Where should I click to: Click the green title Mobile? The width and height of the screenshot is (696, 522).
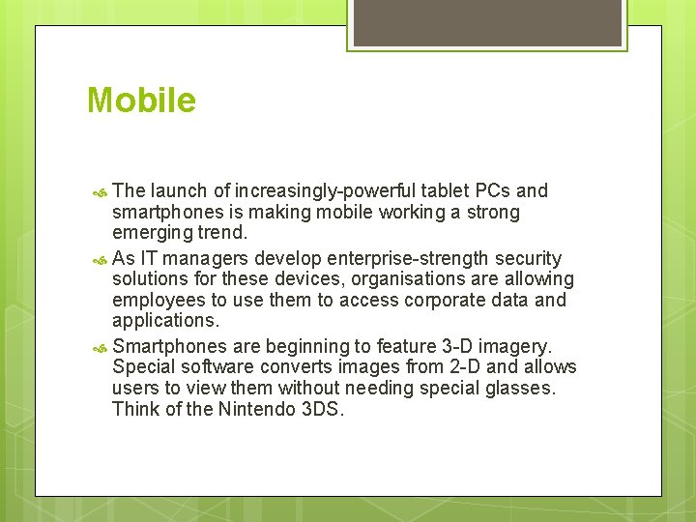pyautogui.click(x=141, y=101)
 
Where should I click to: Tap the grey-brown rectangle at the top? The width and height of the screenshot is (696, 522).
pyautogui.click(x=486, y=22)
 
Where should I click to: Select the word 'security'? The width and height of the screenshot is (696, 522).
pyautogui.click(x=528, y=258)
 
